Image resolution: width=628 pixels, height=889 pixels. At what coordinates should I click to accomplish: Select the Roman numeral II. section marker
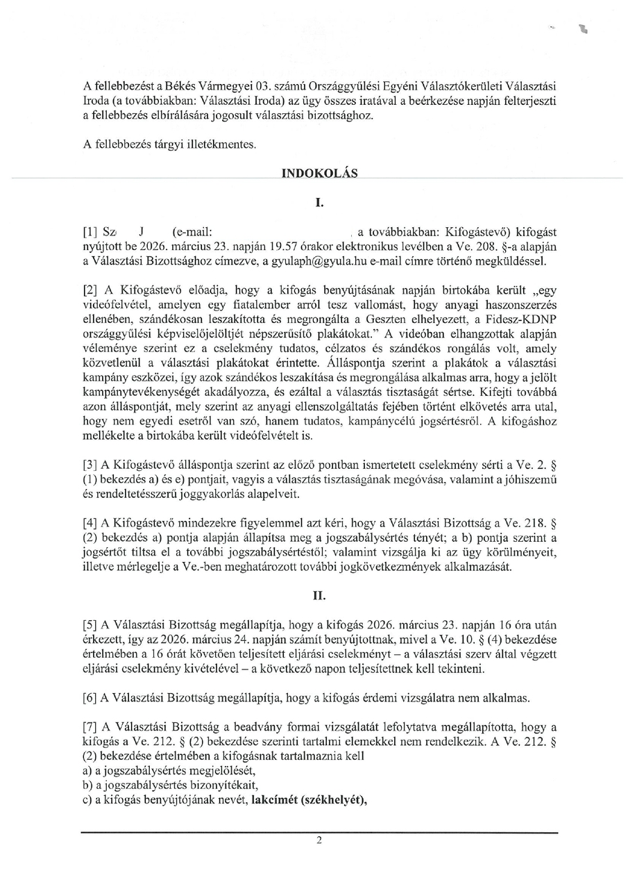tap(319, 595)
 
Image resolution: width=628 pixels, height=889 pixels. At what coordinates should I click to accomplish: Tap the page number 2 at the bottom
tap(319, 841)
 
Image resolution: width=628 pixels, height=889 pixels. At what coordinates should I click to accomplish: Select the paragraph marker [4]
tap(90, 523)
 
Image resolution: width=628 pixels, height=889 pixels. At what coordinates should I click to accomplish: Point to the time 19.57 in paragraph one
tap(248, 247)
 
